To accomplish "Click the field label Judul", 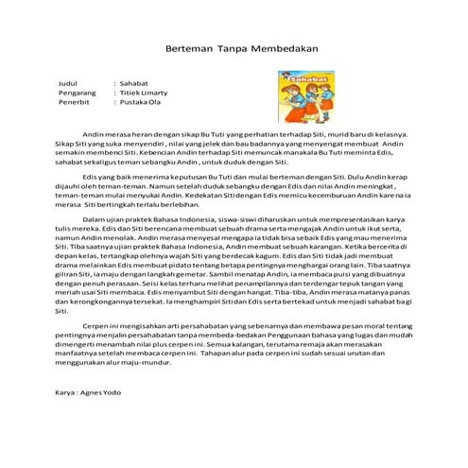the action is point(66,84).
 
